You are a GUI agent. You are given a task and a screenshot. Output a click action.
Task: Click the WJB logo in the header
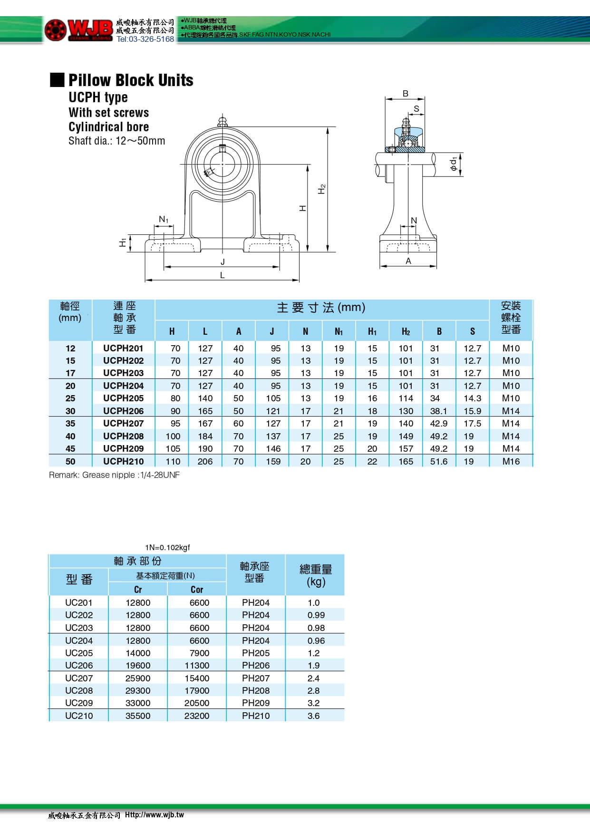coord(78,29)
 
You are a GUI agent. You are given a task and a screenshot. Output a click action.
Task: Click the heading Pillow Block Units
coord(131,80)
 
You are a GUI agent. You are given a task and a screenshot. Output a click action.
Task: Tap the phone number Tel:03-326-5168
coord(145,39)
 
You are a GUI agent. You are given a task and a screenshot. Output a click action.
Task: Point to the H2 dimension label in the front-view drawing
coord(322,189)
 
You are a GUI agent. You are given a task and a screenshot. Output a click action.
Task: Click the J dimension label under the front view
coord(222,262)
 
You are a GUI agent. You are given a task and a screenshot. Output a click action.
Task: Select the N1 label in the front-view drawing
coord(164,219)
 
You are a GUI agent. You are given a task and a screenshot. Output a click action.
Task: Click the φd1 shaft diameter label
coord(454,164)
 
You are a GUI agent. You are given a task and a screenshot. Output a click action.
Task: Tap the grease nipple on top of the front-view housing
coord(222,120)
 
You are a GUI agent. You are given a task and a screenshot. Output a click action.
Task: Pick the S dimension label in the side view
coord(416,108)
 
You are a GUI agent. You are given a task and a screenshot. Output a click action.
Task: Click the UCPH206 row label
coord(123,411)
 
